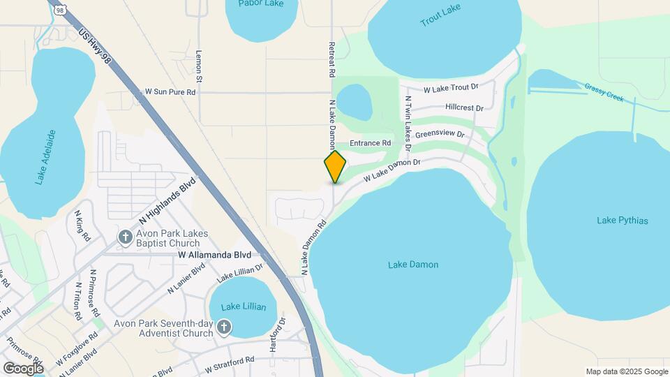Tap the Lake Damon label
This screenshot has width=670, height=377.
click(413, 265)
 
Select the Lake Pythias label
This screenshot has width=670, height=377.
click(623, 221)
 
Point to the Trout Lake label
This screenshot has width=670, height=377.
click(440, 19)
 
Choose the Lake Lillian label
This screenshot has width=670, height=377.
click(240, 306)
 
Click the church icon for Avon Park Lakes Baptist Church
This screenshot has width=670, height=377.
click(126, 238)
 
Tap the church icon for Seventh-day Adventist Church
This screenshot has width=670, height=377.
click(224, 327)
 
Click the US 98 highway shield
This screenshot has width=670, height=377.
click(61, 8)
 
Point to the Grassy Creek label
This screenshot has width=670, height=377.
click(604, 92)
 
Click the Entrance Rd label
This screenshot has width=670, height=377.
click(370, 143)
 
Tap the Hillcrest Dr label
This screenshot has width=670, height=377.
click(464, 108)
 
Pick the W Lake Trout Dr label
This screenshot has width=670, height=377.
click(451, 88)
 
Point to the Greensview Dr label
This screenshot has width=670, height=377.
click(440, 133)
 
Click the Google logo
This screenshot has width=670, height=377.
click(23, 368)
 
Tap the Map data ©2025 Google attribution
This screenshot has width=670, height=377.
click(626, 371)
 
